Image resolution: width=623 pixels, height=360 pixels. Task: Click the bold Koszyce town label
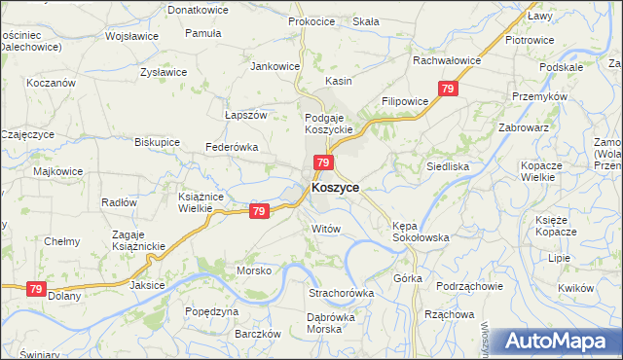click(335, 188)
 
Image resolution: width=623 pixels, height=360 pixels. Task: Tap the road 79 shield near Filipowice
click(448, 90)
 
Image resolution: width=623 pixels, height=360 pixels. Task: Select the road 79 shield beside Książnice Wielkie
click(258, 211)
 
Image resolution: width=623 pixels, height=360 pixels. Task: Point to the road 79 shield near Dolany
click(36, 289)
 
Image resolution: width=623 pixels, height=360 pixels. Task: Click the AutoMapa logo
click(558, 342)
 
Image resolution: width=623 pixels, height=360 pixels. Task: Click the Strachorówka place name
click(341, 292)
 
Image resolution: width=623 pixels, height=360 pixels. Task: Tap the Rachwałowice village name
click(447, 59)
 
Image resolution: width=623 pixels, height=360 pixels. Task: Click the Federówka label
click(230, 147)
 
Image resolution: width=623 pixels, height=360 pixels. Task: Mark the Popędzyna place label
click(211, 311)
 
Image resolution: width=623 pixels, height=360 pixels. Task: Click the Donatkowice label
click(198, 9)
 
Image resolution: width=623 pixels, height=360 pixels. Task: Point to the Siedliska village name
click(448, 166)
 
